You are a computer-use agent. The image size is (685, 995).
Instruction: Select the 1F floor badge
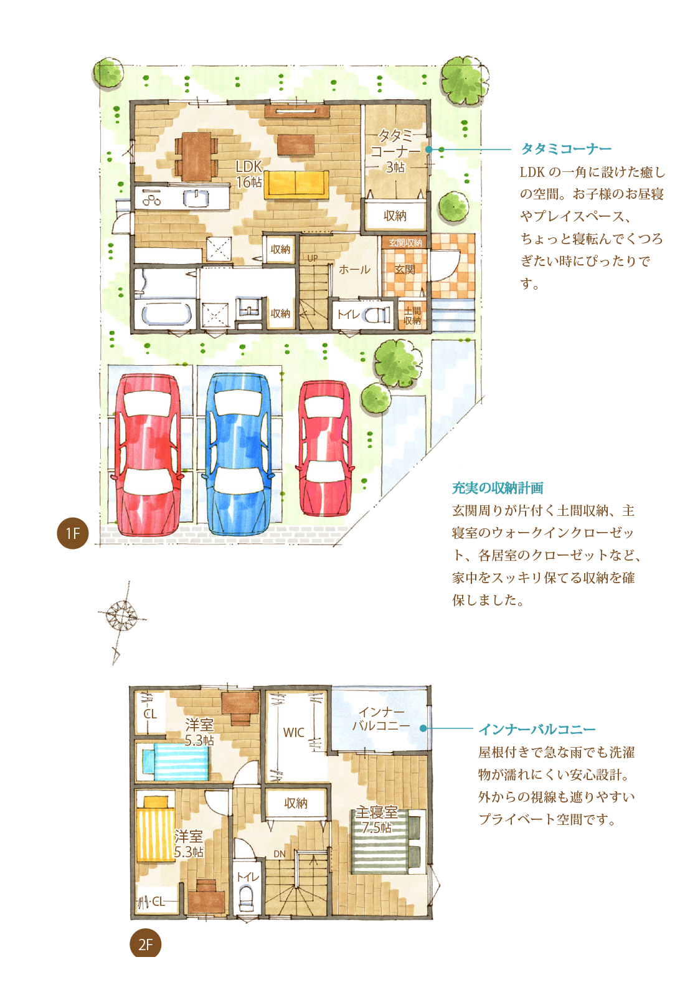click(x=72, y=533)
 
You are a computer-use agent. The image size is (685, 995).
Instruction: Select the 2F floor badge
click(x=145, y=945)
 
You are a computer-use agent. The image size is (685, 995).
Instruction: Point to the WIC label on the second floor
click(x=293, y=733)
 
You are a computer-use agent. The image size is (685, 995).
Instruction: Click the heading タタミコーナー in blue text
click(x=565, y=149)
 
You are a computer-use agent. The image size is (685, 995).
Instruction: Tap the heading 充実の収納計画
click(x=498, y=488)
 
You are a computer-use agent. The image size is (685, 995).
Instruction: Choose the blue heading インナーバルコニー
click(x=537, y=729)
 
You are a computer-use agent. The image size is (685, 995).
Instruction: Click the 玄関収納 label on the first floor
click(x=405, y=242)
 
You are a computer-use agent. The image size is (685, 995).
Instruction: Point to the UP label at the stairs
click(x=313, y=258)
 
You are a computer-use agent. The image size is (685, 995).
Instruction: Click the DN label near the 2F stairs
click(x=279, y=854)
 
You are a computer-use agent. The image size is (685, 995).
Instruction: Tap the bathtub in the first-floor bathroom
click(x=166, y=315)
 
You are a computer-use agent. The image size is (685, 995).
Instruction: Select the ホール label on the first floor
click(x=354, y=270)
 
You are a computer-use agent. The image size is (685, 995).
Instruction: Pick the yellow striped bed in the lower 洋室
click(x=155, y=832)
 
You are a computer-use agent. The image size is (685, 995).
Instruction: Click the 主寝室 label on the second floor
click(x=376, y=812)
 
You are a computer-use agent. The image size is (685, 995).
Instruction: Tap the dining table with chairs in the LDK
click(x=196, y=156)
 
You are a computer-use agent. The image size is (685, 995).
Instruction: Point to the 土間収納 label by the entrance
click(x=412, y=315)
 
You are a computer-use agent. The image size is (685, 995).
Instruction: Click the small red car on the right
click(x=325, y=448)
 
